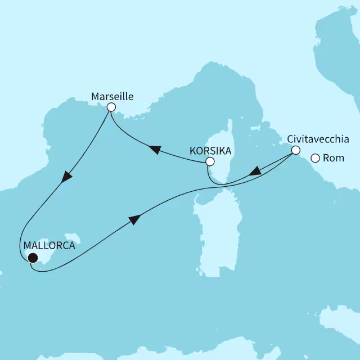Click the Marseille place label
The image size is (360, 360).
(112, 96)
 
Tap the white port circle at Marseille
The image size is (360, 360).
(111, 107)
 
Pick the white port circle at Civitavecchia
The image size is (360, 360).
(295, 150)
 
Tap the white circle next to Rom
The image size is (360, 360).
(315, 159)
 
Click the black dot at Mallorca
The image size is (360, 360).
(33, 258)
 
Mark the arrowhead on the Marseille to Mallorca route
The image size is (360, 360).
(67, 175)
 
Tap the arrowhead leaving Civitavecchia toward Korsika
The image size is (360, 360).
(255, 170)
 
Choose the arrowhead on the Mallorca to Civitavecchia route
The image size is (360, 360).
(135, 219)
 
